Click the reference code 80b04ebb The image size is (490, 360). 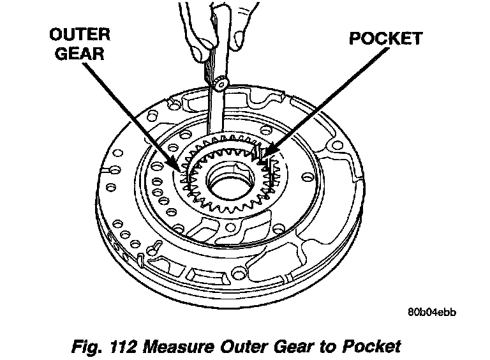[x=433, y=313]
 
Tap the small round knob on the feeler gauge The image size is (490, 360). [x=221, y=82]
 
